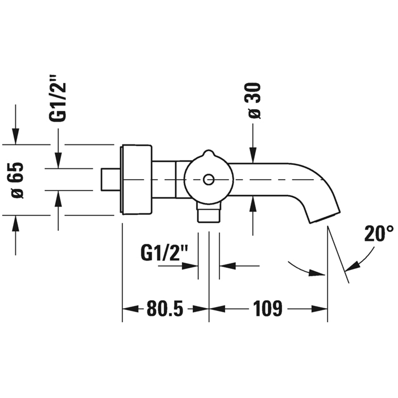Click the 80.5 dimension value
165,309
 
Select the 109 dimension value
268,309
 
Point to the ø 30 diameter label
253,101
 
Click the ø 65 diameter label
16,180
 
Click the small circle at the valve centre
209,180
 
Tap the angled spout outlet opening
325,217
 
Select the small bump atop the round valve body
209,154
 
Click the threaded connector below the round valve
209,213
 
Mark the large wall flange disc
136,180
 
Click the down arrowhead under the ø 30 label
253,155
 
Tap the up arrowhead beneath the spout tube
253,204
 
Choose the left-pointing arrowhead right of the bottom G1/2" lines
227,266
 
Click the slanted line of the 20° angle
338,254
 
